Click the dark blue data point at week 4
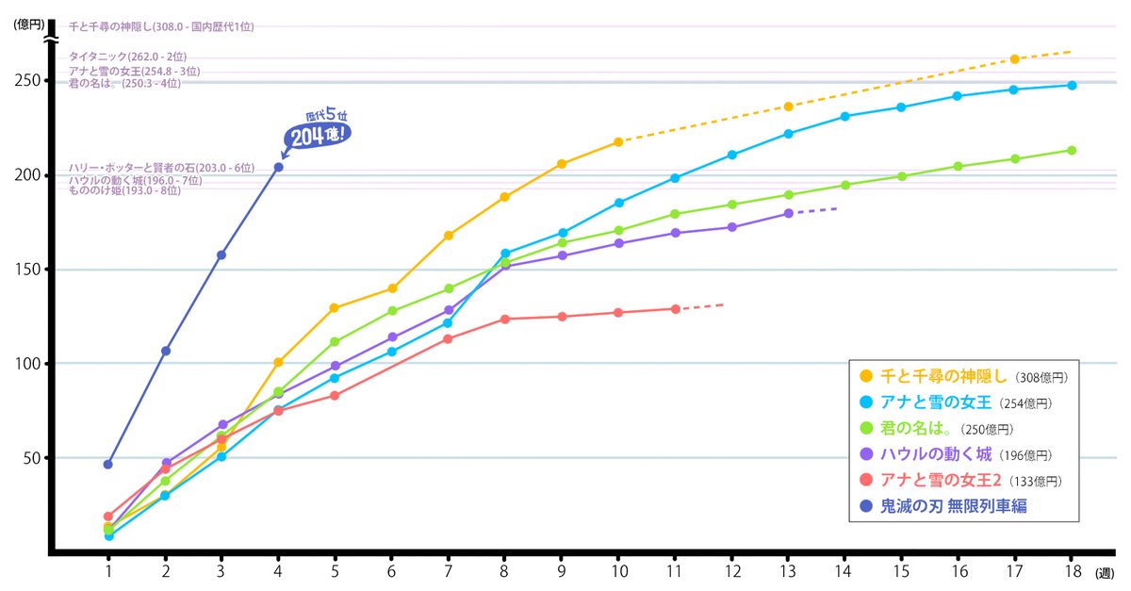[278, 167]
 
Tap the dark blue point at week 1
[108, 464]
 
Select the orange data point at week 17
[1014, 59]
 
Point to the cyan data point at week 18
[1072, 85]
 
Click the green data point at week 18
[1072, 150]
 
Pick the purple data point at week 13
[788, 213]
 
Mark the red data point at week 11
[675, 309]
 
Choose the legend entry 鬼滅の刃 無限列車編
[953, 506]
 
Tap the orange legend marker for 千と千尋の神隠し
[866, 375]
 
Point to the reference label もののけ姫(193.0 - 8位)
[124, 190]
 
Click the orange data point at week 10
[618, 141]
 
